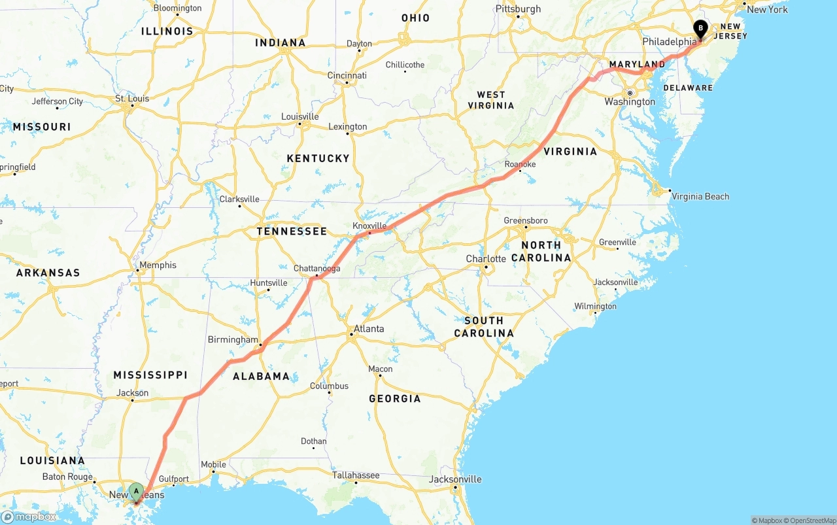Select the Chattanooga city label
point(316,268)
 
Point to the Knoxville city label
point(369,226)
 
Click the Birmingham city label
point(233,339)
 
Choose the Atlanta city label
point(369,328)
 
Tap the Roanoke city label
point(520,164)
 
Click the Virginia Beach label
point(700,196)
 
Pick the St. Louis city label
point(132,99)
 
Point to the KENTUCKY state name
point(318,158)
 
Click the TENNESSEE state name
point(291,231)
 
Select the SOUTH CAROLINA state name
point(484,326)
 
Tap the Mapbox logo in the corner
point(29,517)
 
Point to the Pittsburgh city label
point(518,8)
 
